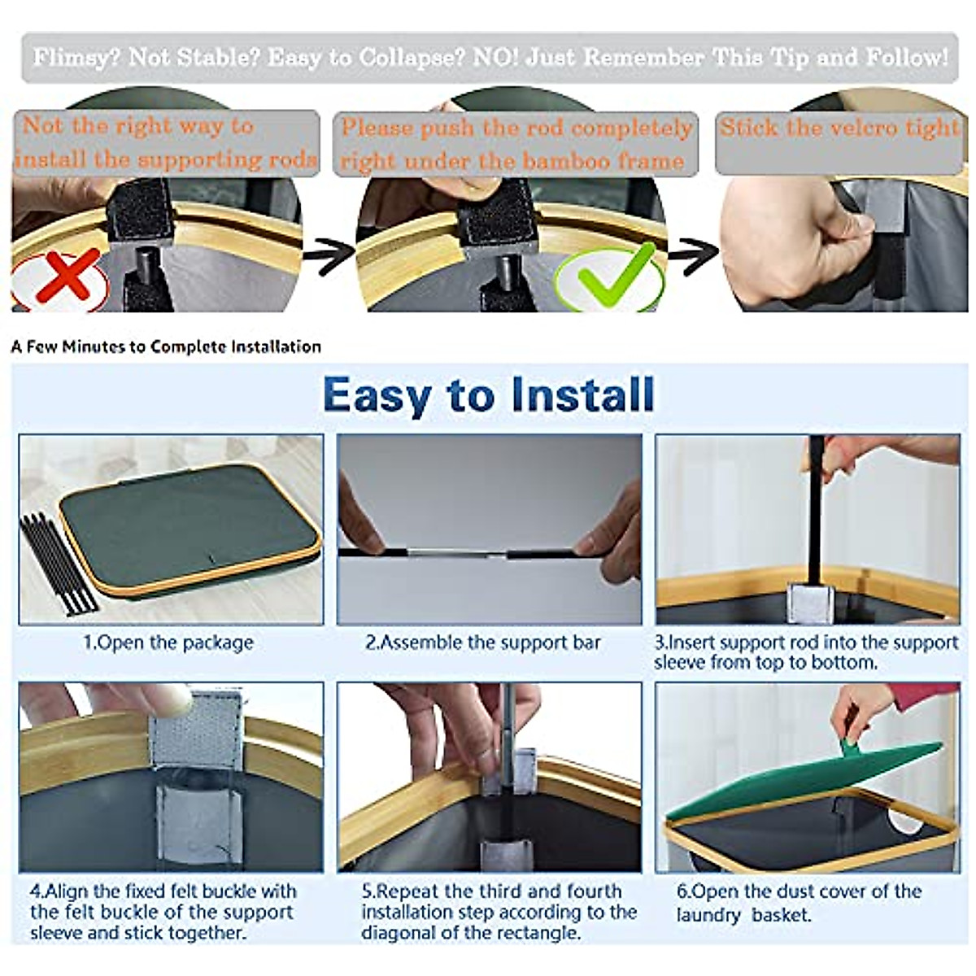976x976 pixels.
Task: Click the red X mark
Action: [67, 276]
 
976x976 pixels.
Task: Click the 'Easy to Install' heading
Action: [488, 396]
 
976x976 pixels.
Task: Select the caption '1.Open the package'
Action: [168, 643]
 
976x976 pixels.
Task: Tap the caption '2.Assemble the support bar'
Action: [482, 643]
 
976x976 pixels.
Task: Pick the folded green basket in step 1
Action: [190, 531]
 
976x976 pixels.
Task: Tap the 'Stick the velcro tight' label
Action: [839, 129]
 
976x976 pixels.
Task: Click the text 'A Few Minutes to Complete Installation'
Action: [166, 347]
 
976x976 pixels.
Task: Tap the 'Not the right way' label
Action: [166, 143]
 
